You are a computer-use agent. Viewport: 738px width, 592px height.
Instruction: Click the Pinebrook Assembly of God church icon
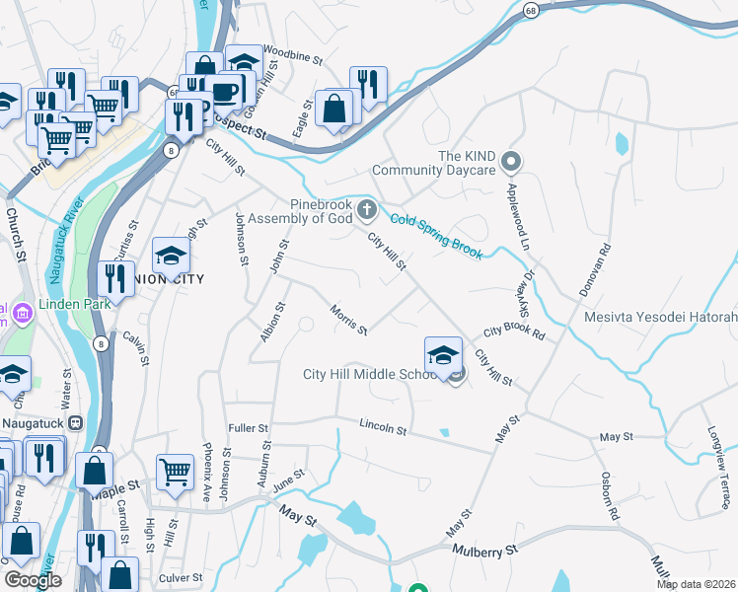(367, 208)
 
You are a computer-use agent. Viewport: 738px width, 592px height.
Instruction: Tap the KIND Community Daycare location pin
(510, 160)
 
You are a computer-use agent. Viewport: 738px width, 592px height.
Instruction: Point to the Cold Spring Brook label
(435, 236)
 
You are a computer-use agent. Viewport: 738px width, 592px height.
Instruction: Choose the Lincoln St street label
(383, 426)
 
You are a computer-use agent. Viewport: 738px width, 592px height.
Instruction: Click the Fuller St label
(248, 428)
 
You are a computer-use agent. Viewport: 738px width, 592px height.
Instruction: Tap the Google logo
(33, 580)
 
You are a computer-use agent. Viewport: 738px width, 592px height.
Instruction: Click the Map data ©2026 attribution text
(696, 584)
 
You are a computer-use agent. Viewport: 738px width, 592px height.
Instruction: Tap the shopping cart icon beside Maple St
(175, 473)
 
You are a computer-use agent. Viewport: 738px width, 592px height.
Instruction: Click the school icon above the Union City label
(171, 256)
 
